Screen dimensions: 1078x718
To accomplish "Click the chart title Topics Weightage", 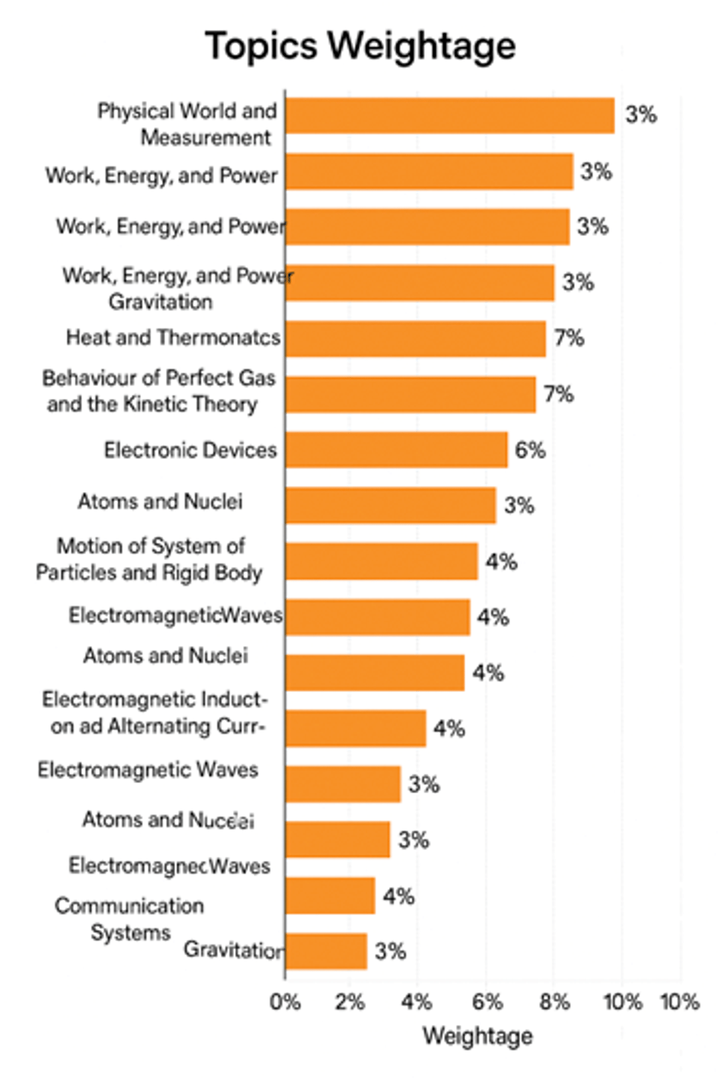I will [360, 46].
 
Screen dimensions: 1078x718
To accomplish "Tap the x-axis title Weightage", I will [477, 1036].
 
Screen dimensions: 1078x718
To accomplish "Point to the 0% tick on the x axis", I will [285, 1001].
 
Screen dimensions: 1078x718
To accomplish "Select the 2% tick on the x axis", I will [350, 1001].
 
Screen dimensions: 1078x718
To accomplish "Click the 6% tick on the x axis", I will [486, 1001].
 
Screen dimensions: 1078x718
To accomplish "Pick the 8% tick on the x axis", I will [554, 1001].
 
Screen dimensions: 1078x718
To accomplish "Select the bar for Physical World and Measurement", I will [450, 115].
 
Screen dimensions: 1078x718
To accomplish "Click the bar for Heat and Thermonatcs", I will [415, 338].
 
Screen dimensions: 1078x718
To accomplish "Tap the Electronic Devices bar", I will [396, 450].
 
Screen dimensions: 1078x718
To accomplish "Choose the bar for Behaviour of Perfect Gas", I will [410, 395].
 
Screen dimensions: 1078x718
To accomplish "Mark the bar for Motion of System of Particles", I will [382, 561].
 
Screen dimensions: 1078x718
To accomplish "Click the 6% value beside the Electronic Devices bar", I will [530, 450].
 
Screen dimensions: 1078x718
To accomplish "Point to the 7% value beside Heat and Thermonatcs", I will [568, 338].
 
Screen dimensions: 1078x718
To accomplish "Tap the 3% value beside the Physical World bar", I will [641, 115].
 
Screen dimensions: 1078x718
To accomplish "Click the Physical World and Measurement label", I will [187, 124].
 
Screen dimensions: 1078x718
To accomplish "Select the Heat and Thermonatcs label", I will [173, 338].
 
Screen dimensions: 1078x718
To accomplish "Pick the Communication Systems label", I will [130, 919].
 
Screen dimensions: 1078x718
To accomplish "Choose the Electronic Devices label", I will [190, 450].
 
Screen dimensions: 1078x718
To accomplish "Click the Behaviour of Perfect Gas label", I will [158, 391].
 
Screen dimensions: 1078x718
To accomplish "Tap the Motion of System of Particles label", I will [150, 559].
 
